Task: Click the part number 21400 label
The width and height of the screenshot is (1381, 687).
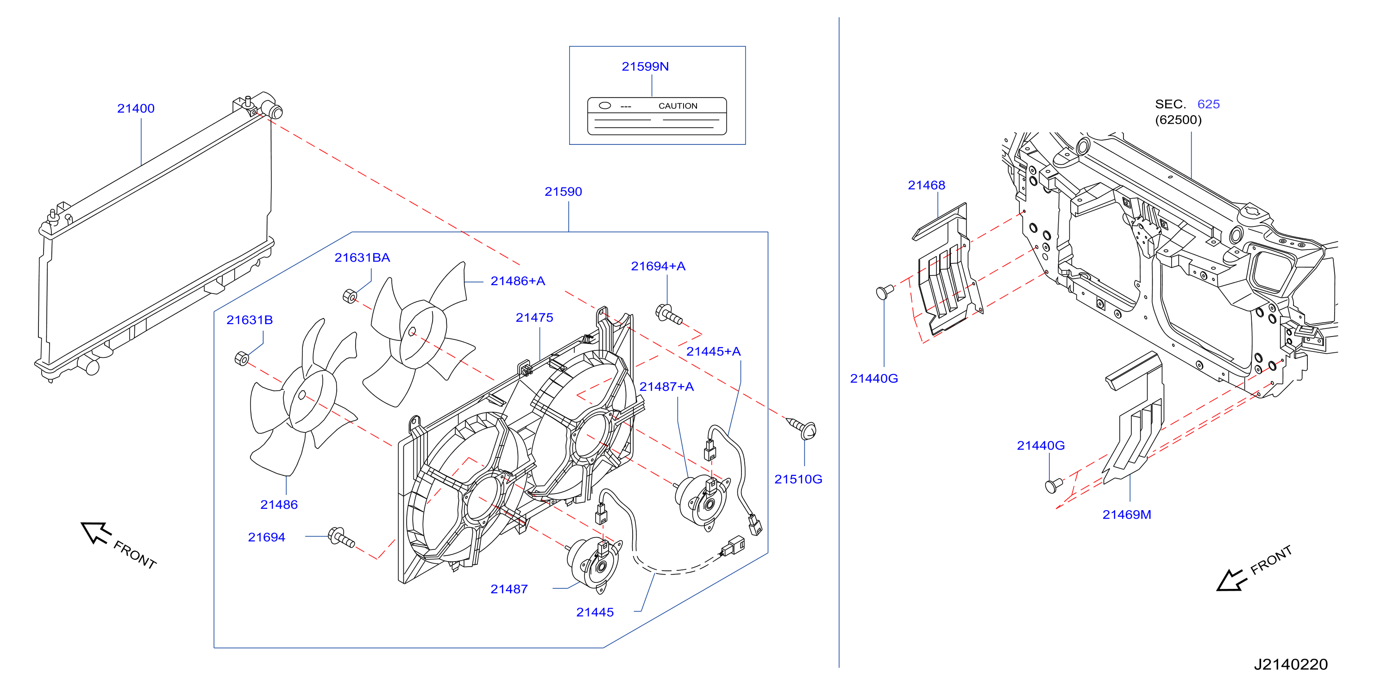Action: click(136, 108)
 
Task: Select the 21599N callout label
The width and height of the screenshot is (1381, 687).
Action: click(645, 67)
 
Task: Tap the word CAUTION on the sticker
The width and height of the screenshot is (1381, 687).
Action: click(678, 106)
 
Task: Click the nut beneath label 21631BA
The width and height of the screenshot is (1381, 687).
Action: click(350, 295)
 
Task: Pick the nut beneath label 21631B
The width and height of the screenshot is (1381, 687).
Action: click(242, 358)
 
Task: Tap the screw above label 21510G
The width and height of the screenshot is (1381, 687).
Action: click(802, 428)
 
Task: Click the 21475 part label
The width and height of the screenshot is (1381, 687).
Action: click(534, 317)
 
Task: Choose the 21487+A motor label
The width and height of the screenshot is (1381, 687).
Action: click(666, 387)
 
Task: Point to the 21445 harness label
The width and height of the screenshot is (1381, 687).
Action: click(595, 612)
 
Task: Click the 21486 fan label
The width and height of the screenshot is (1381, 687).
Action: click(279, 504)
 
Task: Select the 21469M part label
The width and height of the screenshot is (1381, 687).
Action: click(1126, 514)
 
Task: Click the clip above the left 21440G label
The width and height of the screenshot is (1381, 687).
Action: click(885, 291)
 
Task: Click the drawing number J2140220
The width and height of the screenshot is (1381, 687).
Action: click(1290, 664)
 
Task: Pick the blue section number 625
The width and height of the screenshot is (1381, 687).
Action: click(1208, 104)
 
